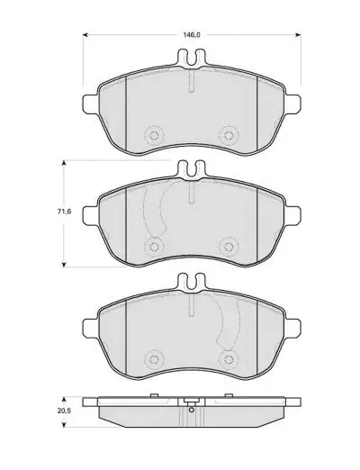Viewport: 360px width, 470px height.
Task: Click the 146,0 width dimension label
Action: [192, 35]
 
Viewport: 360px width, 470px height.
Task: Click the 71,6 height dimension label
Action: [64, 212]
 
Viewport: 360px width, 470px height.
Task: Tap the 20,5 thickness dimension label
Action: [64, 411]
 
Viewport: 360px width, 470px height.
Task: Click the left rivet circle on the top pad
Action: [154, 135]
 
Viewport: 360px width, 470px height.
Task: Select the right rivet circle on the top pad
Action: [229, 135]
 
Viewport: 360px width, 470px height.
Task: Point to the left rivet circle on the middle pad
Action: [154, 247]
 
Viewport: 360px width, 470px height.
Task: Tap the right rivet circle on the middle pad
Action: [229, 247]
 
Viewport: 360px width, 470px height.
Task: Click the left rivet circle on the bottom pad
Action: [154, 359]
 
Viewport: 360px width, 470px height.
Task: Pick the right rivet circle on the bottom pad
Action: [229, 359]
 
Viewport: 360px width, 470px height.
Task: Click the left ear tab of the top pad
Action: [90, 104]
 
